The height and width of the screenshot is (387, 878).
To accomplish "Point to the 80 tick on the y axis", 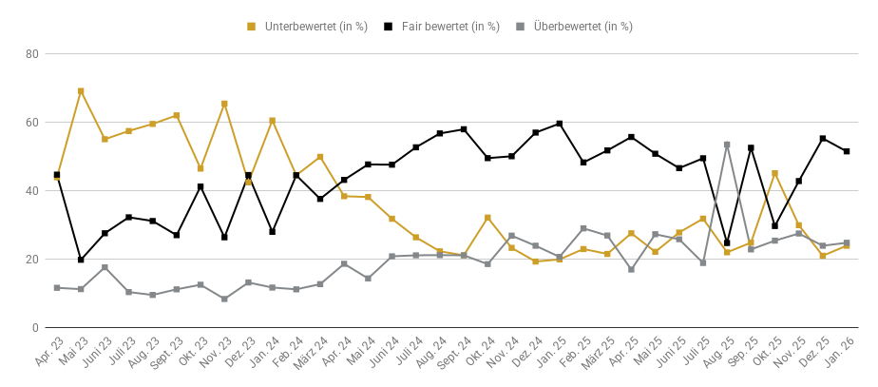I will click(31, 54).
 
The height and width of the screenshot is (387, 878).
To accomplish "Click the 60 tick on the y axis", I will click(31, 123).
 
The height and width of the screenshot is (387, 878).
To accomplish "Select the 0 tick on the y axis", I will click(34, 328).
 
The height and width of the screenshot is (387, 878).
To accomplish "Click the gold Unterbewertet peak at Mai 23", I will click(81, 91).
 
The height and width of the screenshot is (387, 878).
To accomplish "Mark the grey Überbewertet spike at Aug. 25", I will click(727, 145).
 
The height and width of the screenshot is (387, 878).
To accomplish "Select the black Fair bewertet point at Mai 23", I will click(81, 260).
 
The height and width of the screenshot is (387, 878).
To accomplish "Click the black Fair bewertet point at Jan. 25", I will click(560, 124).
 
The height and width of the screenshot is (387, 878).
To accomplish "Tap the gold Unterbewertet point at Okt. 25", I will click(775, 173).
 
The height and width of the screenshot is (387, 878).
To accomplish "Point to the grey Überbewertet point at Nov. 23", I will click(224, 299).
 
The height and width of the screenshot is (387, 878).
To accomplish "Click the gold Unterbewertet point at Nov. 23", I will click(224, 104).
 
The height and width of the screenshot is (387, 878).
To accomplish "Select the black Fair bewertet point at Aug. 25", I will click(727, 242).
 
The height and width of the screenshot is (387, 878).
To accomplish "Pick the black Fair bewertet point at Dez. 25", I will click(823, 139).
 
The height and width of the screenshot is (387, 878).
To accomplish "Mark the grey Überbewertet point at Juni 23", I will click(105, 267).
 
